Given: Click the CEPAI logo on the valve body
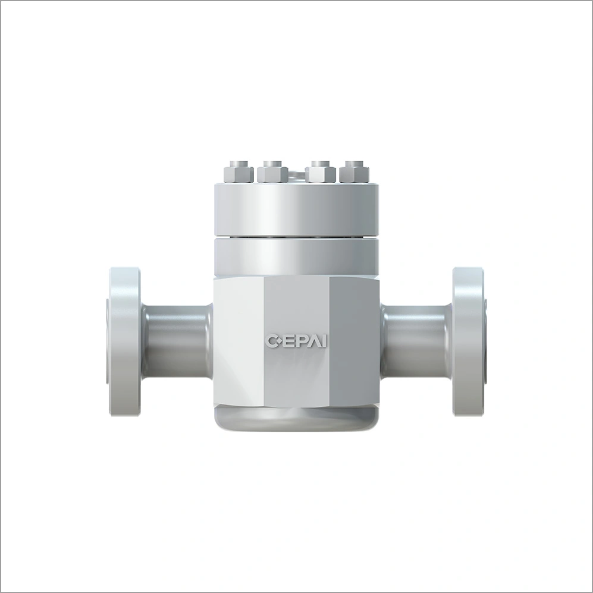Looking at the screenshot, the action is point(296,340).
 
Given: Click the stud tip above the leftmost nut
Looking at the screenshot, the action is point(239,164).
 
